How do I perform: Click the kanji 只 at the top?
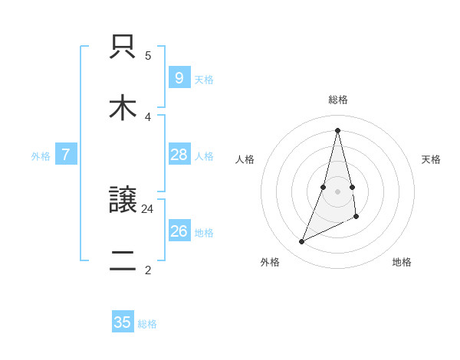point(123,47)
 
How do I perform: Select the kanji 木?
point(123,107)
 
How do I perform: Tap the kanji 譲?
point(123,201)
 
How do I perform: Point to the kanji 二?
point(123,260)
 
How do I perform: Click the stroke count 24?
point(148,208)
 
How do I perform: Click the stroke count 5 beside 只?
point(148,56)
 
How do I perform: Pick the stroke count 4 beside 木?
point(148,116)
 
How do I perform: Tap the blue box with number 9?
point(179,77)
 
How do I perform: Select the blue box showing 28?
point(179,155)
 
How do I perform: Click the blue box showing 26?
point(179,231)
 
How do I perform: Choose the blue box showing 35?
point(123,322)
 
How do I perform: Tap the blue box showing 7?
point(66,155)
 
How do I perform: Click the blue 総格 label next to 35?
point(147,324)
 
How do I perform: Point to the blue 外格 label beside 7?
point(41,156)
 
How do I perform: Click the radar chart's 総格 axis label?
point(338,100)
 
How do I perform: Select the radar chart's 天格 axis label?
point(432,159)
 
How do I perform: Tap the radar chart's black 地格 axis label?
point(402,262)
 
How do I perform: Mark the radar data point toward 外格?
point(301,242)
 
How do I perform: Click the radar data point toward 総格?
point(338,129)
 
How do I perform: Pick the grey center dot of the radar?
point(338,191)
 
